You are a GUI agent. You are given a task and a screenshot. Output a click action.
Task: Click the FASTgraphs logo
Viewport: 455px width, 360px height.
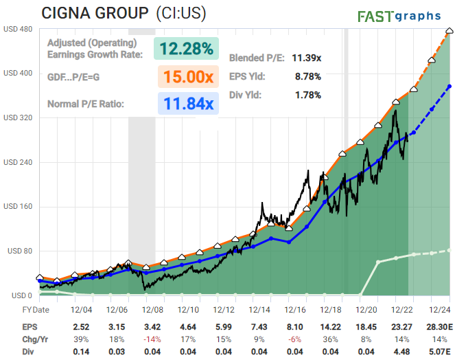tap(403, 16)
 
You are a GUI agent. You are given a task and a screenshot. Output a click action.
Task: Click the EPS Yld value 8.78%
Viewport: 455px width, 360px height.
tap(307, 76)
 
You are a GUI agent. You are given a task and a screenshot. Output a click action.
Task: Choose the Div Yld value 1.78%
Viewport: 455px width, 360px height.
tap(307, 95)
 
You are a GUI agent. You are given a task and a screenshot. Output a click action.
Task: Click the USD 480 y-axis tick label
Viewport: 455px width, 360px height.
tap(19, 29)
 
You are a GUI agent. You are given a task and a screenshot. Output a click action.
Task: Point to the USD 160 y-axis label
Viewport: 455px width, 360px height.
tap(19, 207)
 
